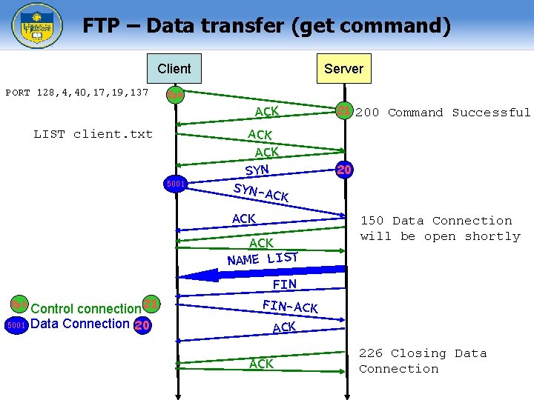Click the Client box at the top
pos(174,69)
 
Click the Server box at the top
pos(343,69)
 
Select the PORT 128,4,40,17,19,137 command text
pos(77,93)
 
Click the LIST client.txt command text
pos(93,134)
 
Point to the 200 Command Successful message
pos(443,113)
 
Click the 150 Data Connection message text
pos(440,228)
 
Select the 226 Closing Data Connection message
pos(423,361)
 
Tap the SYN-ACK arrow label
pos(260,192)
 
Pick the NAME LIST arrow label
pos(263,259)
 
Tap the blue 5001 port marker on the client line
pos(175,183)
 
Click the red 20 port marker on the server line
pos(343,170)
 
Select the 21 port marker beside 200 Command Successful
pos(343,112)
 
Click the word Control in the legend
pos(54,309)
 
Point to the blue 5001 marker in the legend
pos(16,324)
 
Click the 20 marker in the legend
pos(142,324)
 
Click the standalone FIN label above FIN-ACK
pos(284,284)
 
